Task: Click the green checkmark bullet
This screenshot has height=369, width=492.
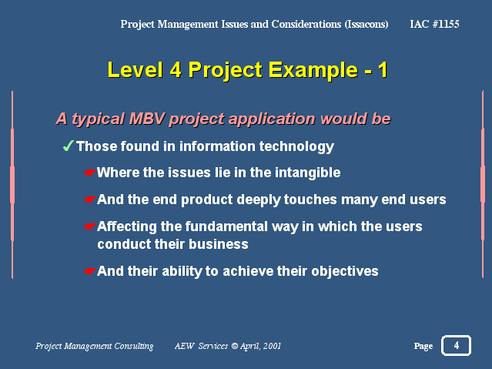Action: (x=68, y=146)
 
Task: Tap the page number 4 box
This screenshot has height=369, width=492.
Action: (x=456, y=345)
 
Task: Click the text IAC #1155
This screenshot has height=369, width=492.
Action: (x=434, y=24)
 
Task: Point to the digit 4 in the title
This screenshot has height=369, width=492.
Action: (x=176, y=69)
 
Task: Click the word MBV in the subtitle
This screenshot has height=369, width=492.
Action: (x=147, y=119)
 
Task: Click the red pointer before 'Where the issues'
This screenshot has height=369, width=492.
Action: (x=90, y=173)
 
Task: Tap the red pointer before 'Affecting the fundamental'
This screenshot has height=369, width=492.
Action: (x=90, y=226)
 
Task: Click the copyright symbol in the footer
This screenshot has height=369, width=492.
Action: (x=235, y=346)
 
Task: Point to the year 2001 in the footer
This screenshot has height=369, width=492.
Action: (x=272, y=346)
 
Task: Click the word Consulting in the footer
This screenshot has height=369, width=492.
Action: (x=134, y=346)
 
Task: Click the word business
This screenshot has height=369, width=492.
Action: (x=219, y=244)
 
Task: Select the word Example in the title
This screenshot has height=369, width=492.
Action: (x=313, y=70)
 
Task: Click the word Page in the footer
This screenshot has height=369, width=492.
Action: (x=423, y=346)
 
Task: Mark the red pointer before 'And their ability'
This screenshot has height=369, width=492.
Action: (x=90, y=271)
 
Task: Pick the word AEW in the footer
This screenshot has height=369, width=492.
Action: (x=185, y=346)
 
